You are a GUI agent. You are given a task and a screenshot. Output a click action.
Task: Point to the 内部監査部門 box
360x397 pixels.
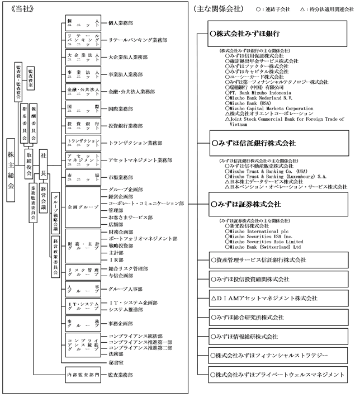click(82, 374)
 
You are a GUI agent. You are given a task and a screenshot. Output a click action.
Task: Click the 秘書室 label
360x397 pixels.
click(116, 362)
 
